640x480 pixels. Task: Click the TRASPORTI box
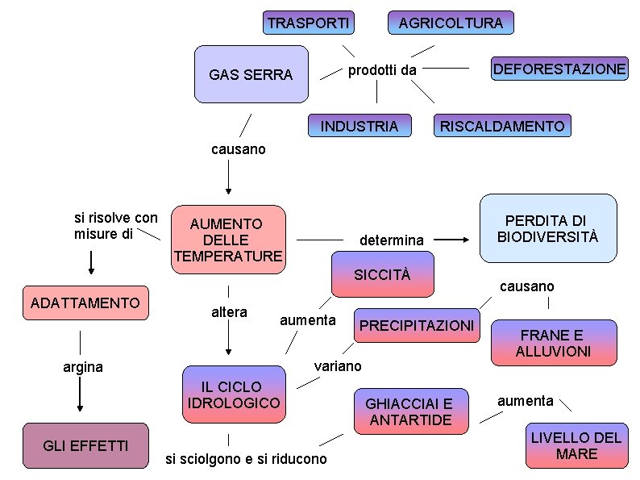[x=309, y=23]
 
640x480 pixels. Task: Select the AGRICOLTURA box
[x=451, y=23]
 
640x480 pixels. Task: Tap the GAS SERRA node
[x=251, y=74]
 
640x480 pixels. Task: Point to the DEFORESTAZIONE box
[x=559, y=69]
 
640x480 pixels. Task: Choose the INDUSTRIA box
[x=359, y=126]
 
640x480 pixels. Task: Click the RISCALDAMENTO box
[x=502, y=126]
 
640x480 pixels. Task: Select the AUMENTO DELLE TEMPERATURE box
[x=229, y=240]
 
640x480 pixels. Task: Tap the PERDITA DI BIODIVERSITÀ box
[x=548, y=228]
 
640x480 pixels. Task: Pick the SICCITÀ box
[x=382, y=274]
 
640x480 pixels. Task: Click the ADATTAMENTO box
[x=85, y=303]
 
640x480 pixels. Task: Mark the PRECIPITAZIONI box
[x=417, y=325]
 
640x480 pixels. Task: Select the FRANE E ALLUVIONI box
[x=554, y=343]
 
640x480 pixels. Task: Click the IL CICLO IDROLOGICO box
[x=234, y=394]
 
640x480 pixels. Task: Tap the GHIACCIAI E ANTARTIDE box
[x=410, y=411]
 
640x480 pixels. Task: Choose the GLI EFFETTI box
[x=85, y=445]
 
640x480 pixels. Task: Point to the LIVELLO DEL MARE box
[x=576, y=446]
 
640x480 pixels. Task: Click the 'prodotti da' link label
[x=382, y=70]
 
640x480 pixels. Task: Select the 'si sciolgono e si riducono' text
[x=246, y=459]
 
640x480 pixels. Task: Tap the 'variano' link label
[x=338, y=365]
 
